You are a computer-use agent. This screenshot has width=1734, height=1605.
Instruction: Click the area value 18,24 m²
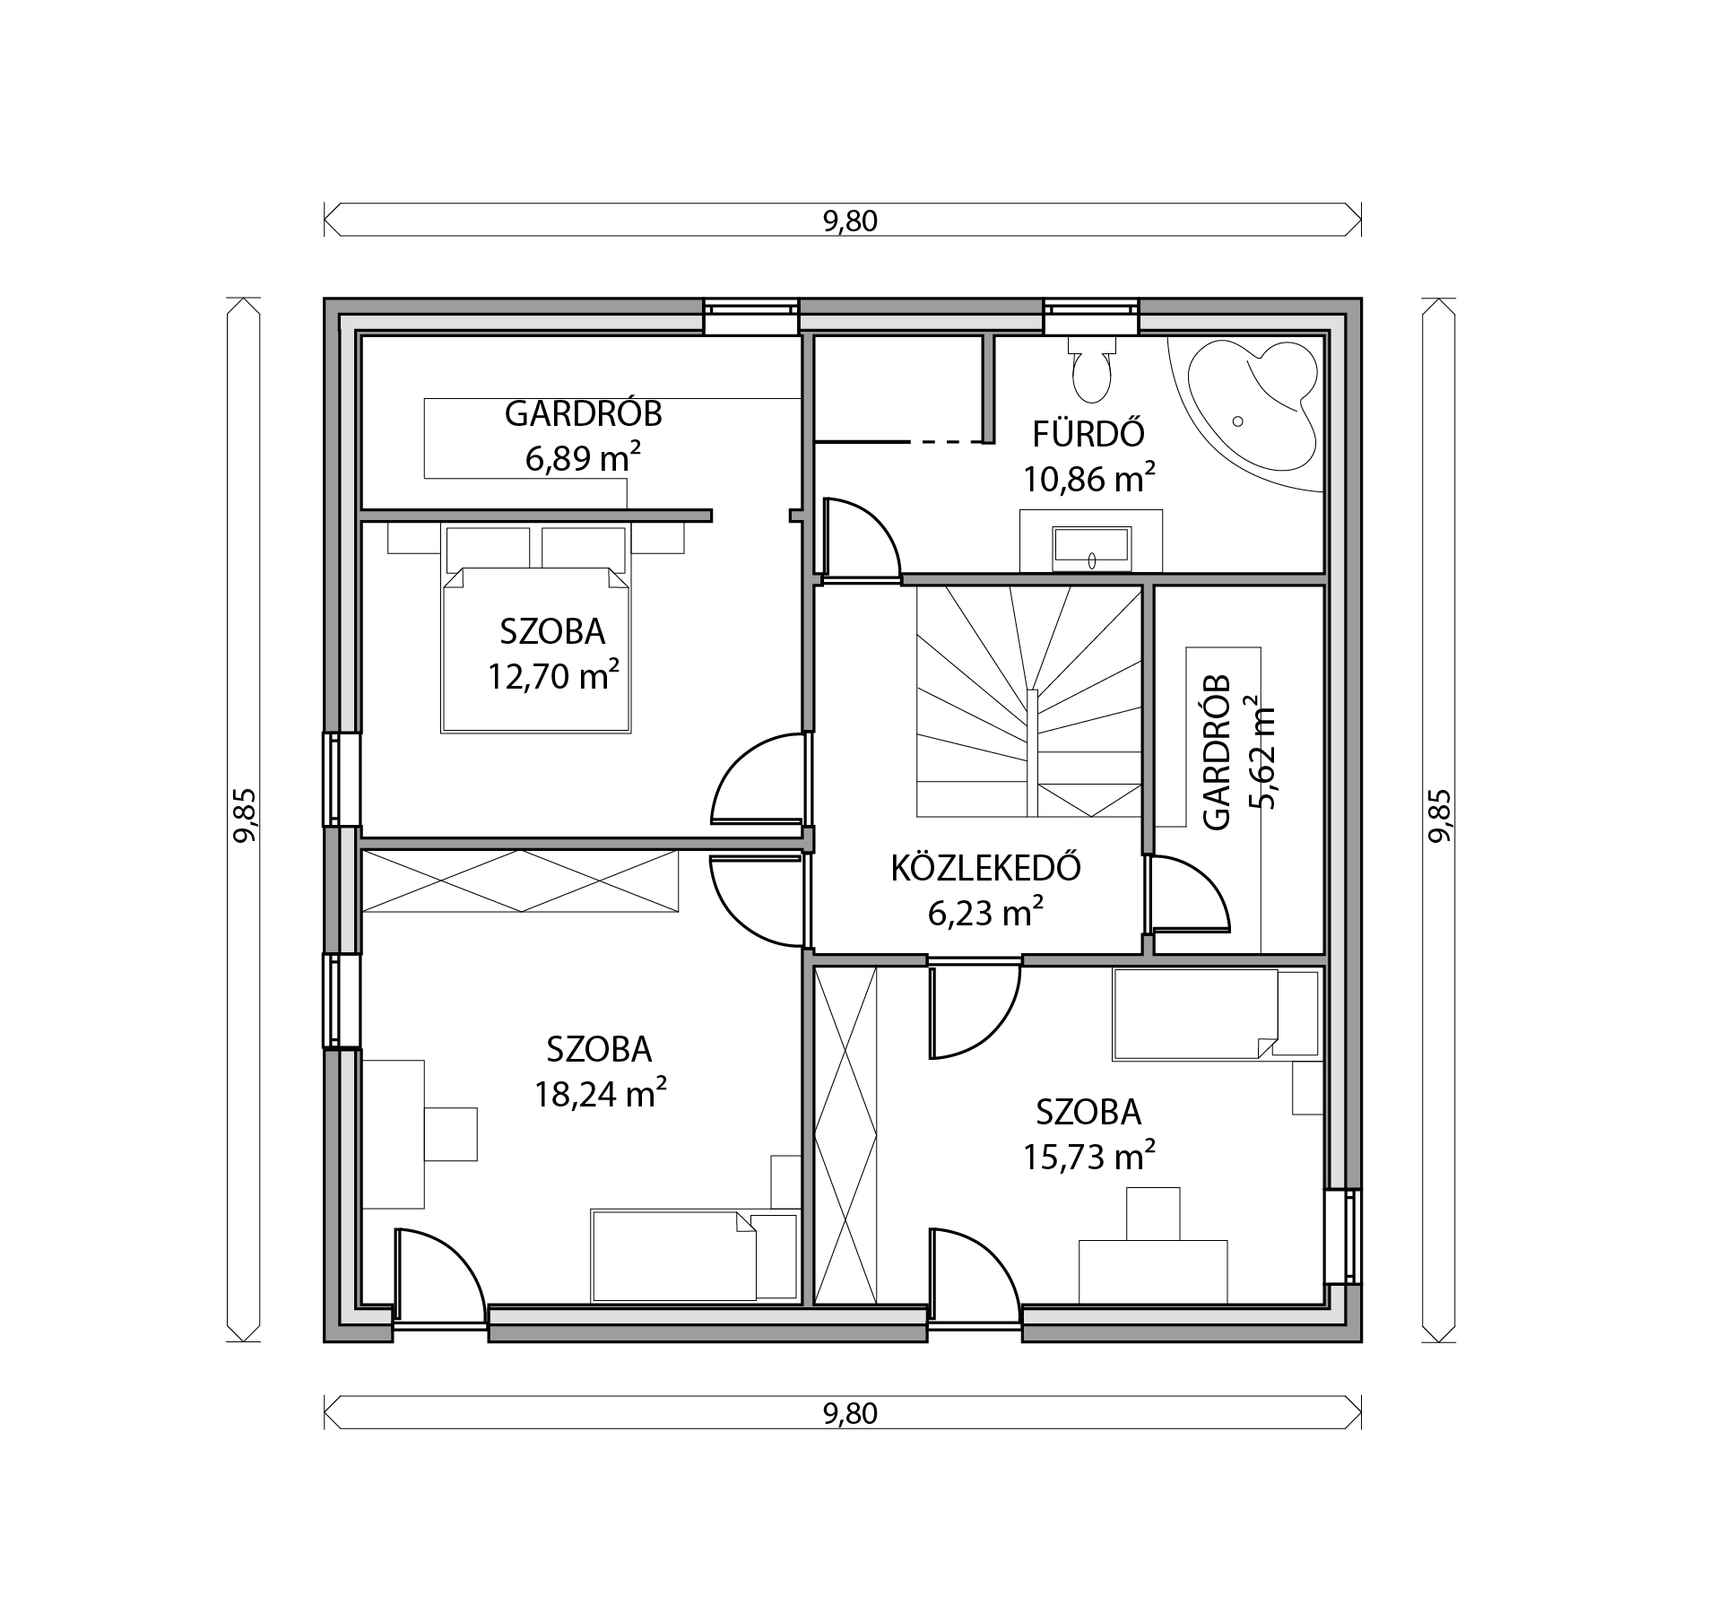600,1094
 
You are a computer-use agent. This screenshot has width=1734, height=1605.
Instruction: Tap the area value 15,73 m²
1088,1157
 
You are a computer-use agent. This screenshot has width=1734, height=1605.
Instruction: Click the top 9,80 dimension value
850,221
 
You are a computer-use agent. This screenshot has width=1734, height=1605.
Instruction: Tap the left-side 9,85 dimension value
245,815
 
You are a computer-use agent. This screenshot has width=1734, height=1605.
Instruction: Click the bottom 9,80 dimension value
850,1413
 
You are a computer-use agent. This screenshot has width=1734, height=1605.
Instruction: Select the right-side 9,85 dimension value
1439,815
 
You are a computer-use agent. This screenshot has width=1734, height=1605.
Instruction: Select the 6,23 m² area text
985,914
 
